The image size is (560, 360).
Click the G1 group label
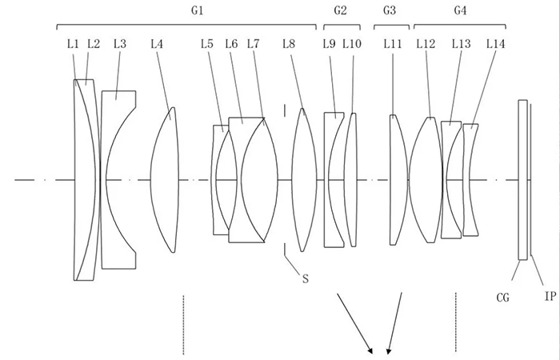tap(197, 10)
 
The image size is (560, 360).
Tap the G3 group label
tap(390, 10)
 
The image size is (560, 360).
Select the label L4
tap(157, 44)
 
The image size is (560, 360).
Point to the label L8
tap(289, 44)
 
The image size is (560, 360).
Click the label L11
tap(393, 44)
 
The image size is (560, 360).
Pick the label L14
tap(496, 44)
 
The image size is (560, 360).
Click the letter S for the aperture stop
tap(306, 278)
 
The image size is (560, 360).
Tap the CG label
tap(503, 297)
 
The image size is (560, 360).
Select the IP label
tap(550, 296)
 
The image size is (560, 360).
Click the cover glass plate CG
tap(523, 180)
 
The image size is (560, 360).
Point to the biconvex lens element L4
tap(165, 180)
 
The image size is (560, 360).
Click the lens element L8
tap(304, 180)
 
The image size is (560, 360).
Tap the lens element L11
tap(398, 180)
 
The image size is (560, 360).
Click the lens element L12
tap(426, 180)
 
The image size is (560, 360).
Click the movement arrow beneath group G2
tap(355, 323)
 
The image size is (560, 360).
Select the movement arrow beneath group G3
tap(394, 323)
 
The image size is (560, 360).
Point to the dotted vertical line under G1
tap(183, 325)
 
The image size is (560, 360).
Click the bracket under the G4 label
tap(460, 25)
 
